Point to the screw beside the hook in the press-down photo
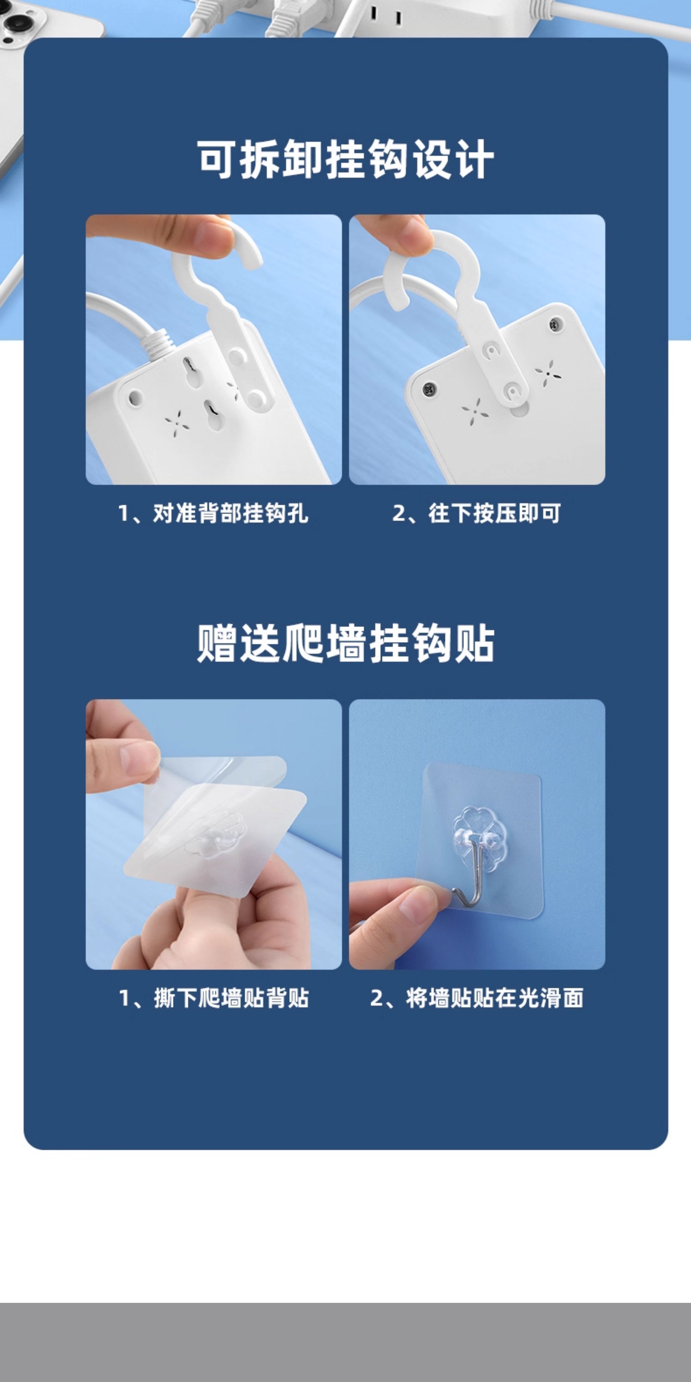point(555,324)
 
